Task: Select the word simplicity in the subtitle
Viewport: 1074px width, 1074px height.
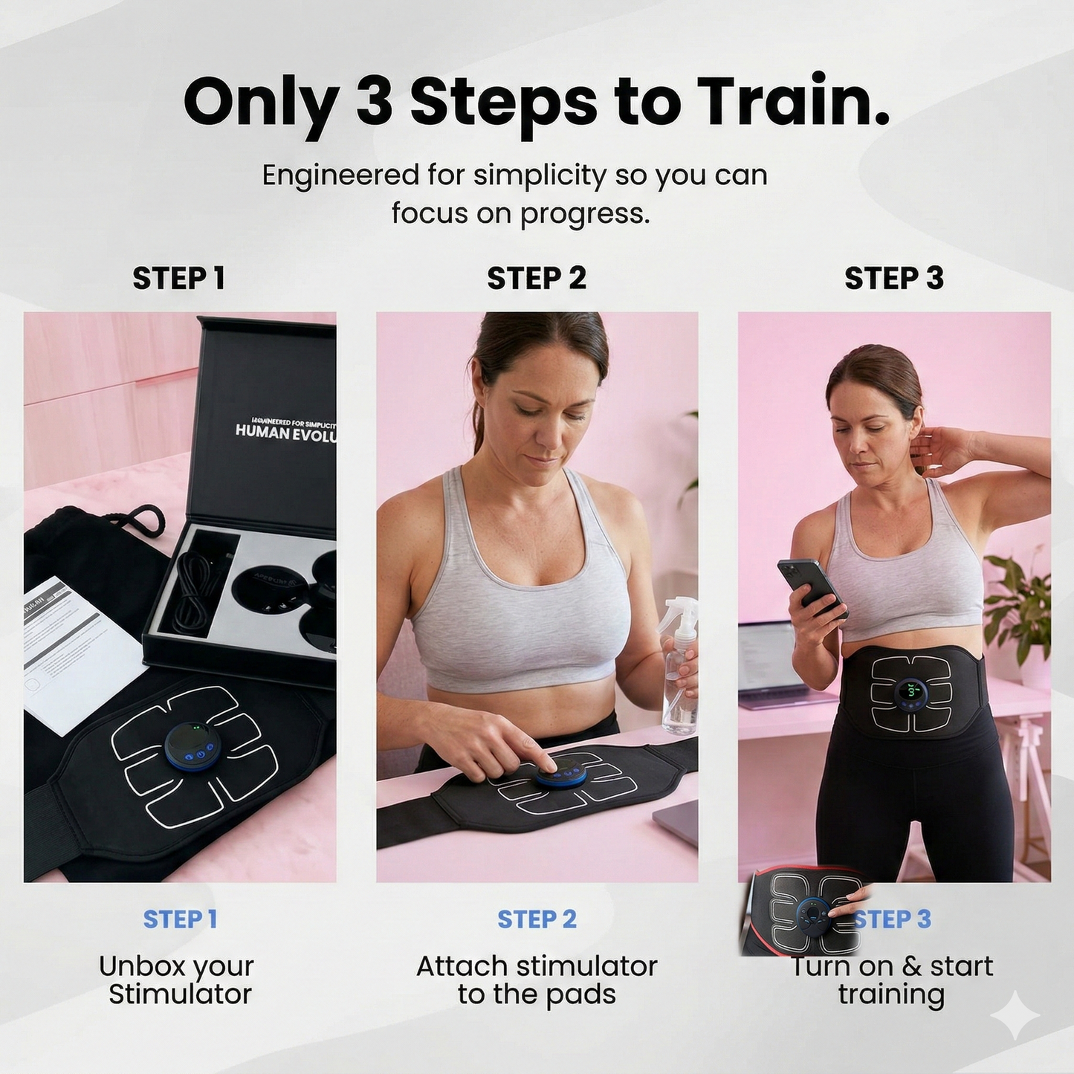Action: pyautogui.click(x=540, y=175)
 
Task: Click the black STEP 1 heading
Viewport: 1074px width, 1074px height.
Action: pyautogui.click(x=178, y=279)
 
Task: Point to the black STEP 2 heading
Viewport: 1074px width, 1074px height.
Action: pyautogui.click(x=537, y=279)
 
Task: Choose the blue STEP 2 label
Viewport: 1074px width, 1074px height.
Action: pyautogui.click(x=537, y=919)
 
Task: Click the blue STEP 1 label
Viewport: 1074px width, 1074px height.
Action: pyautogui.click(x=180, y=919)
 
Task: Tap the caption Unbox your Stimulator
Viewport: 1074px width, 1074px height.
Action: pyautogui.click(x=178, y=980)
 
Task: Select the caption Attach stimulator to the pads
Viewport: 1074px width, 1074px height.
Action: pyautogui.click(x=537, y=980)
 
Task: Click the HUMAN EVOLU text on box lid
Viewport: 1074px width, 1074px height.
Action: pyautogui.click(x=285, y=432)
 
